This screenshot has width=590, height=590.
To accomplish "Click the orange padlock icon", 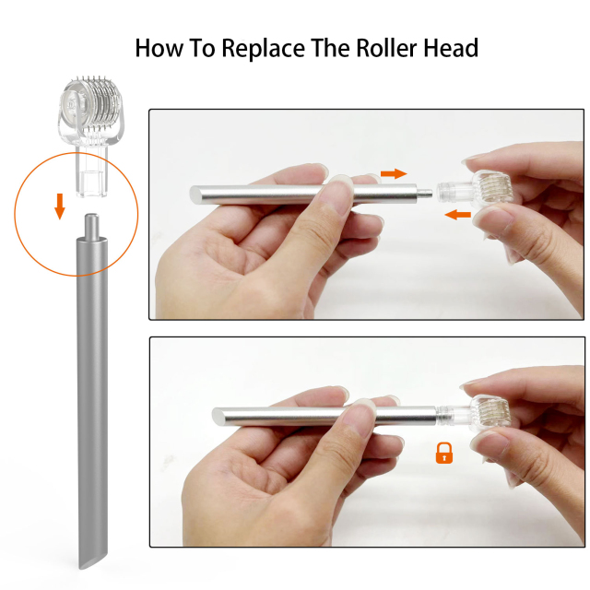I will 444,453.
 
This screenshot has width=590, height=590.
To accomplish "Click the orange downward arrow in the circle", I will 60,207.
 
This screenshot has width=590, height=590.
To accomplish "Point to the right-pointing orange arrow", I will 394,172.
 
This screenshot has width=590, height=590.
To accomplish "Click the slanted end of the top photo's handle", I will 197,195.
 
